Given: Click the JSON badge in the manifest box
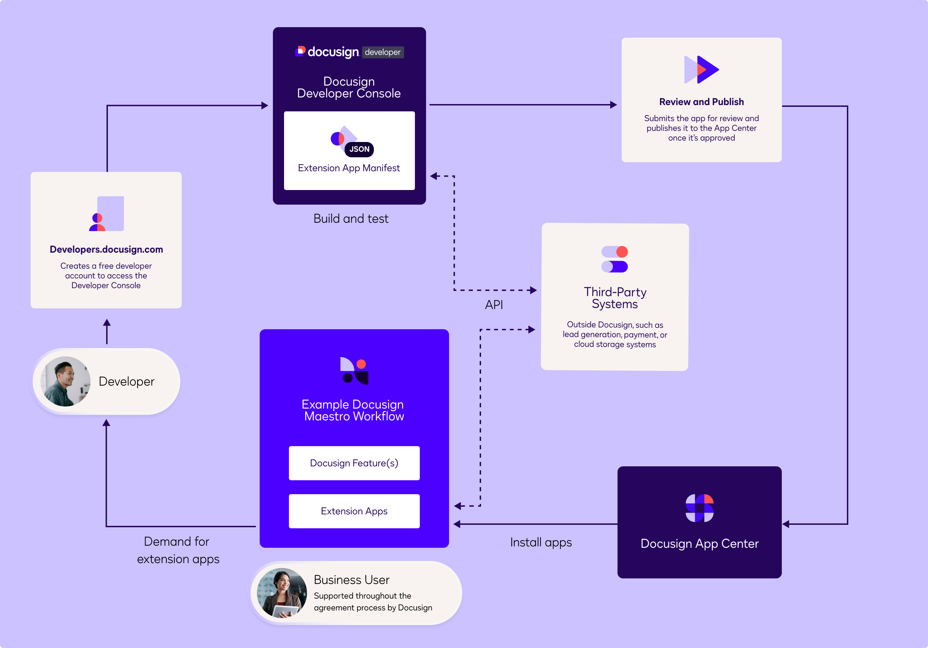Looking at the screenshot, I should pos(359,149).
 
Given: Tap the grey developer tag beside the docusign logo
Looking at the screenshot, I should pos(382,52).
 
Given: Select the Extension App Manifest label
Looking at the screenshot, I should pos(349,168).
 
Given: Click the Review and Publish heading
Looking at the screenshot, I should pos(701,102).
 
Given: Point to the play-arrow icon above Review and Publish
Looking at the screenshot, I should pos(702,70).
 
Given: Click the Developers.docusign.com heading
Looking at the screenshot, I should pos(106,250).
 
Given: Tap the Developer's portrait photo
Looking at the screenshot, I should pos(65,381).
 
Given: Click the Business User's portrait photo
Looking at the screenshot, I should pos(282,593).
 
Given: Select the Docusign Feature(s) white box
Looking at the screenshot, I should pos(354,463).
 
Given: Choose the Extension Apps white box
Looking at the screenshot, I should pos(354,511).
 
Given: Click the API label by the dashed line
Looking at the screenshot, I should pos(494,305).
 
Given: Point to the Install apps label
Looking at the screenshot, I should pos(541,542).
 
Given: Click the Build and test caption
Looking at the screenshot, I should pos(351,219).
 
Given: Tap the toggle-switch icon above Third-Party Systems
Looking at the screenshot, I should pos(614,259).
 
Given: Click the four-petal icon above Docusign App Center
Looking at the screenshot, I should pos(699,508).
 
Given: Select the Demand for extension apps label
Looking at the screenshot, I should pos(178,550).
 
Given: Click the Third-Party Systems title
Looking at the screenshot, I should pos(615,298).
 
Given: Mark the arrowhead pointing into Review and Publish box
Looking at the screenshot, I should pos(614,105).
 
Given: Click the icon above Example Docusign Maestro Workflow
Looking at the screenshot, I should pos(354,371).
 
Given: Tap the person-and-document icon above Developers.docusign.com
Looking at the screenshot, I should pos(106,214).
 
